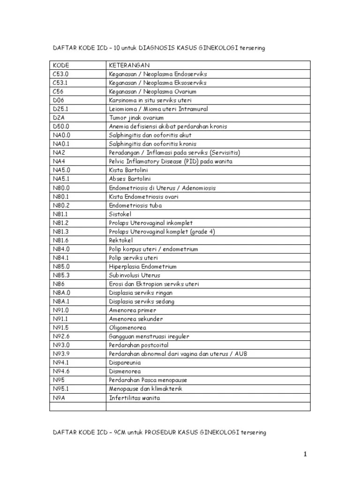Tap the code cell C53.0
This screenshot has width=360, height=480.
(60, 74)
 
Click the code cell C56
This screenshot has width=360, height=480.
(58, 91)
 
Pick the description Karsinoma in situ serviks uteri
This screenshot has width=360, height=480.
(150, 100)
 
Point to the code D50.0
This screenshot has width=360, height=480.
(61, 127)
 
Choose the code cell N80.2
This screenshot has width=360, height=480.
(61, 205)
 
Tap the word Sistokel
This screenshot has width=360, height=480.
(121, 214)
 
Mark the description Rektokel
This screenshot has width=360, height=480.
(121, 240)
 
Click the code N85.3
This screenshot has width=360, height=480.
(61, 275)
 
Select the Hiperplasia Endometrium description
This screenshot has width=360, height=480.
(143, 267)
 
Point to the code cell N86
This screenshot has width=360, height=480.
(58, 284)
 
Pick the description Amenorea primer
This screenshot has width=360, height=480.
(133, 310)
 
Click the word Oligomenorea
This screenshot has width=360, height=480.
(127, 328)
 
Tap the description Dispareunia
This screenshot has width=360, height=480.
(125, 363)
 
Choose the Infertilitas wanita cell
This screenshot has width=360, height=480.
(135, 398)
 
